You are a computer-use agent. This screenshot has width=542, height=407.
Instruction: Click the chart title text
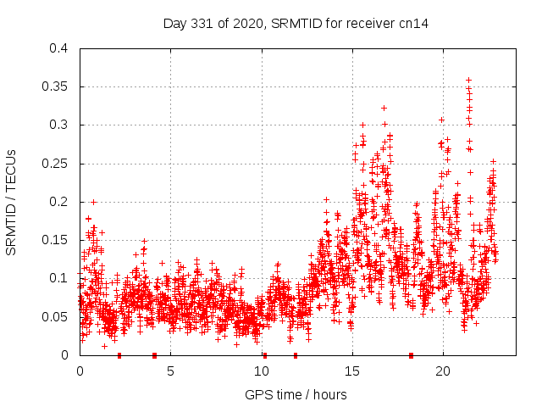[x=296, y=23]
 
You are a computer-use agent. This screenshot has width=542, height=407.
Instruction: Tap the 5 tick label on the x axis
[x=170, y=371]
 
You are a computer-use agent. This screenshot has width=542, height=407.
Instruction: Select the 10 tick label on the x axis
[x=261, y=371]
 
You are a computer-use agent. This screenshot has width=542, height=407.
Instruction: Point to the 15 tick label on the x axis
[x=351, y=371]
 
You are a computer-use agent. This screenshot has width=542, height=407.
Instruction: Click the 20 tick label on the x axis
[x=442, y=371]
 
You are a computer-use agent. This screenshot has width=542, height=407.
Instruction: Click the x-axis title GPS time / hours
[x=296, y=394]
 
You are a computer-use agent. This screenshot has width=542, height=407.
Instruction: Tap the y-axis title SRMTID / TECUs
[x=12, y=202]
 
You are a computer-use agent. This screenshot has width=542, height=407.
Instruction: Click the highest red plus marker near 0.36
[x=468, y=80]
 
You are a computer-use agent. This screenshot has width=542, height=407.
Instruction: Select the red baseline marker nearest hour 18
[x=412, y=354]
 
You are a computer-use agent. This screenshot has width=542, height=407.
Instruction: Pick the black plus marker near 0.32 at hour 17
[x=384, y=108]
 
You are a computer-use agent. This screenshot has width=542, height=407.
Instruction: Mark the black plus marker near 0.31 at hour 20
[x=441, y=120]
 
